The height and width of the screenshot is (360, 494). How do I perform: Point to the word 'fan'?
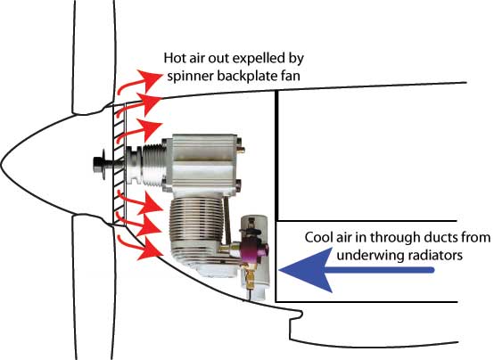(290, 76)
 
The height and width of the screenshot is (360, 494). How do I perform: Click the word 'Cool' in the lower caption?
(317, 237)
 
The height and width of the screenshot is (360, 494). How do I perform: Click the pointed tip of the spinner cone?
(1, 164)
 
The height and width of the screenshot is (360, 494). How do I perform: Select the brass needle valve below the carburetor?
(250, 276)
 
